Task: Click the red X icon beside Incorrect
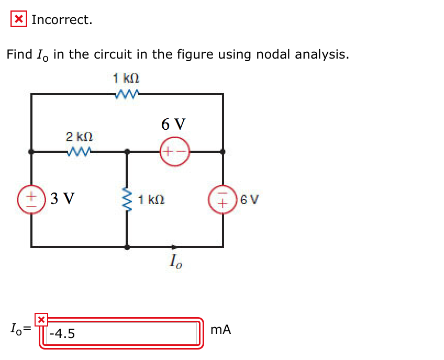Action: coord(19,20)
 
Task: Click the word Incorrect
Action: coord(62,20)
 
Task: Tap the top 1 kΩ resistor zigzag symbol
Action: coord(127,94)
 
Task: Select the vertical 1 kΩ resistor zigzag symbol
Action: coord(127,199)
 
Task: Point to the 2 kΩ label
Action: coord(80,137)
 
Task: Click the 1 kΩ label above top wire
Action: coord(127,79)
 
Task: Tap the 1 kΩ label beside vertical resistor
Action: coord(152,199)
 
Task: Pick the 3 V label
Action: coord(62,199)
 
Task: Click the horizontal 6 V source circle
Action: coord(173,152)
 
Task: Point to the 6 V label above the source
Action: coord(173,124)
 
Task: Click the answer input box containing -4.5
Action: coord(121,333)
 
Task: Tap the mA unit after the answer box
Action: coord(220,330)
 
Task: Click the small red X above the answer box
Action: coord(41,319)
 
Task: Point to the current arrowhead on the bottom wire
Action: coord(174,245)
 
